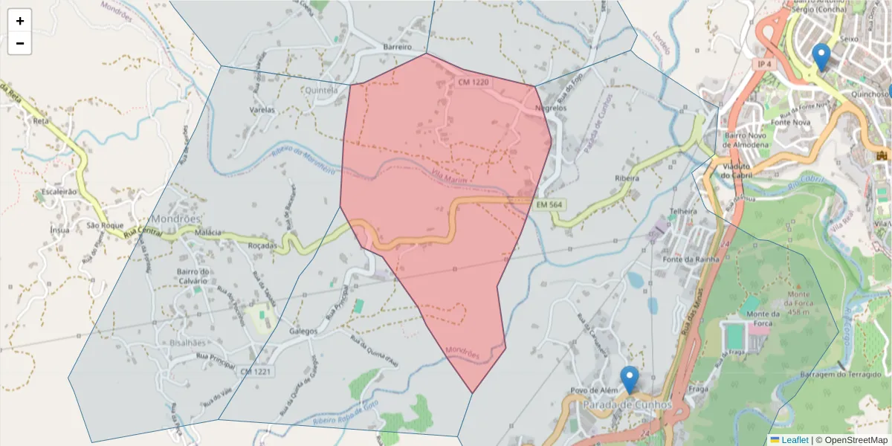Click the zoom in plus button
point(19,21)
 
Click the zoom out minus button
point(19,43)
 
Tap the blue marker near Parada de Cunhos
point(630,380)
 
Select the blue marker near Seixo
point(821,56)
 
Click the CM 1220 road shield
point(474,83)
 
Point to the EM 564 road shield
point(550,204)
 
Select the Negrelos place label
point(551,108)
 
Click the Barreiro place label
point(397,47)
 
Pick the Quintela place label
point(321,90)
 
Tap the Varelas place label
point(262,110)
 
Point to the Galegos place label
point(303,332)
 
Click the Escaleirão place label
point(59,191)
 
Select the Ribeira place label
point(627,178)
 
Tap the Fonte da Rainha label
point(688,259)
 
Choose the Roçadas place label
point(262,245)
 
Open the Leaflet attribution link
point(795,440)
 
